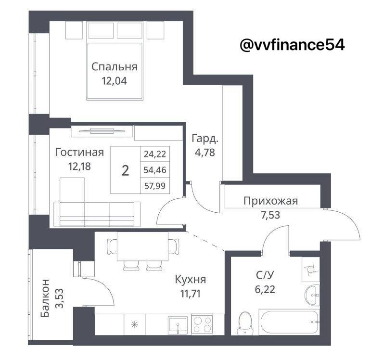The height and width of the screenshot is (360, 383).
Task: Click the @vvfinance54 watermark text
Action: tap(292, 45)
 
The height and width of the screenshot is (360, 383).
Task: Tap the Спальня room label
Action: tap(115, 66)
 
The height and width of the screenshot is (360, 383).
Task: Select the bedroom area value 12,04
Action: tap(115, 81)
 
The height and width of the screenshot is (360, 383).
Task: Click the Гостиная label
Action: tap(79, 152)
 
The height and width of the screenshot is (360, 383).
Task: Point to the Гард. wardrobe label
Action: tap(204, 139)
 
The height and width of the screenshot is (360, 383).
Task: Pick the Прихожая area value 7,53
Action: tap(270, 215)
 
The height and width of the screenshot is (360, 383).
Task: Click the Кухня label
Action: tap(190, 280)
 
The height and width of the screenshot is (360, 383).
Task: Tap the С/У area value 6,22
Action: tap(265, 290)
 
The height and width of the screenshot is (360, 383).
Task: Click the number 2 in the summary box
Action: tap(125, 170)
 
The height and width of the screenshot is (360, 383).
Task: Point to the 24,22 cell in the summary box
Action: tap(155, 154)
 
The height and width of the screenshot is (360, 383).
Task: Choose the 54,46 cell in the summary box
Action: tap(155, 170)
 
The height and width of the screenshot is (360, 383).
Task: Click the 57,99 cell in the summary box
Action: tap(155, 186)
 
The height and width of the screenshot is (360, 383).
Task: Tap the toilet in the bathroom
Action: tap(244, 323)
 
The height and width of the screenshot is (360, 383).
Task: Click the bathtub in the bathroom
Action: tap(289, 322)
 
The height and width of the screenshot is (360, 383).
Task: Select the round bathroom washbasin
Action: tap(312, 295)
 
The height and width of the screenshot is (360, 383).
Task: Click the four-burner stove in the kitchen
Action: tap(202, 324)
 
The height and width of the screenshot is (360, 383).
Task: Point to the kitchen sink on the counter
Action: tap(178, 324)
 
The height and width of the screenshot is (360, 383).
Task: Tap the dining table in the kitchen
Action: tap(142, 246)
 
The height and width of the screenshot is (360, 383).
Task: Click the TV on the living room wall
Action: tap(102, 131)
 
